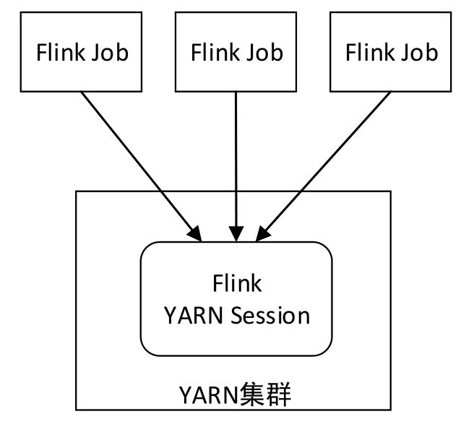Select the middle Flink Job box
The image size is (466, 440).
point(236,53)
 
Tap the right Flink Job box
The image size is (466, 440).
point(391,53)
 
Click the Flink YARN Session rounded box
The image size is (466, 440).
point(236,298)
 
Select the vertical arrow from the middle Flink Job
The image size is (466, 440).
point(236,159)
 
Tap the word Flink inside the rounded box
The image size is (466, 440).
point(236,283)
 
